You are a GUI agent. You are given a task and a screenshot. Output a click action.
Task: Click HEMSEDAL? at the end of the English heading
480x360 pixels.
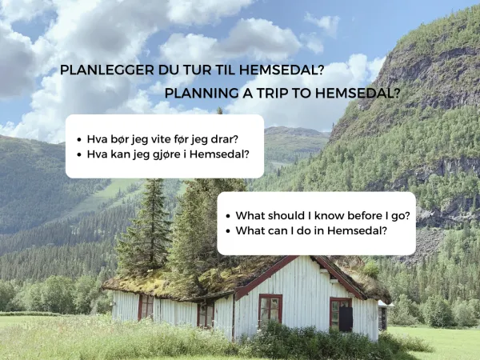click(358, 92)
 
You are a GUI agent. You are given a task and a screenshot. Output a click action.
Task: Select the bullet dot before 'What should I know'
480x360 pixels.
click(229, 216)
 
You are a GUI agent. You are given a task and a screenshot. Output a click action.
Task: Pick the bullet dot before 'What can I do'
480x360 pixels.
click(229, 230)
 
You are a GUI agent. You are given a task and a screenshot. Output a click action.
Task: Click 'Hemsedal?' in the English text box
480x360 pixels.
click(361, 230)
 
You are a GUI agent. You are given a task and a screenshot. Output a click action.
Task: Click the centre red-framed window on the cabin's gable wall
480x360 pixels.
click(270, 309)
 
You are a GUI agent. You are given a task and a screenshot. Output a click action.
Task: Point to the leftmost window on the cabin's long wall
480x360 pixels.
click(146, 306)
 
